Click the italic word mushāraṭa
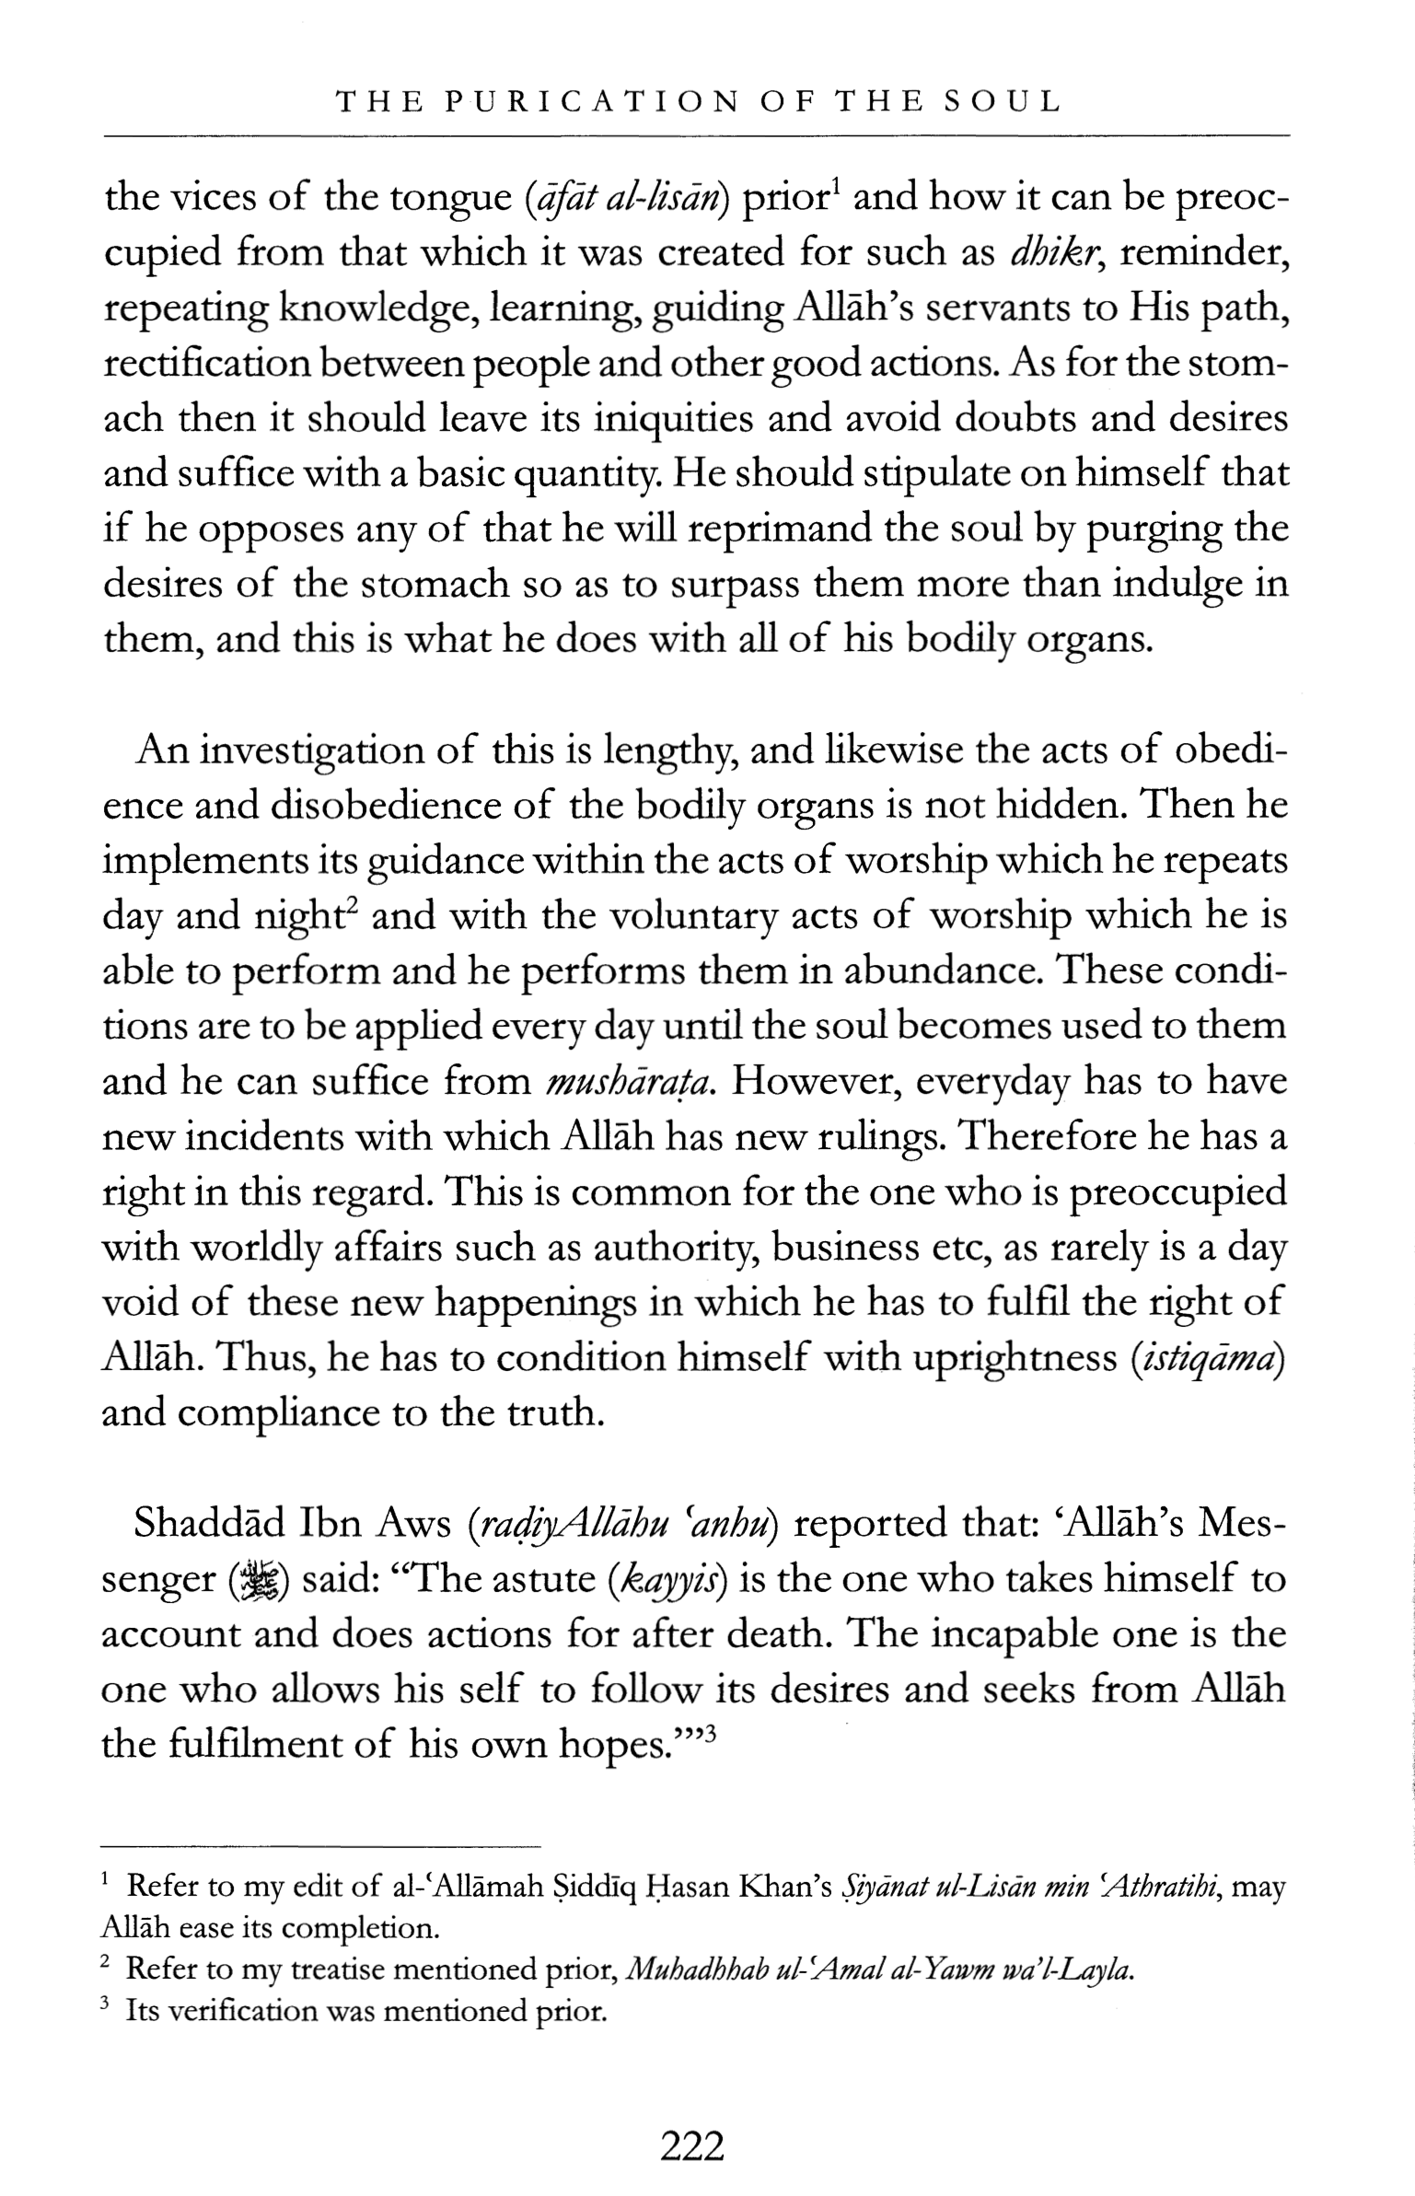pos(630,1083)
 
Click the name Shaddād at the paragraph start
pos(209,1524)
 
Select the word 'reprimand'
pos(779,529)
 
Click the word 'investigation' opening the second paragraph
pos(310,750)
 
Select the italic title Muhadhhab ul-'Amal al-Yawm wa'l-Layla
pos(879,1969)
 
